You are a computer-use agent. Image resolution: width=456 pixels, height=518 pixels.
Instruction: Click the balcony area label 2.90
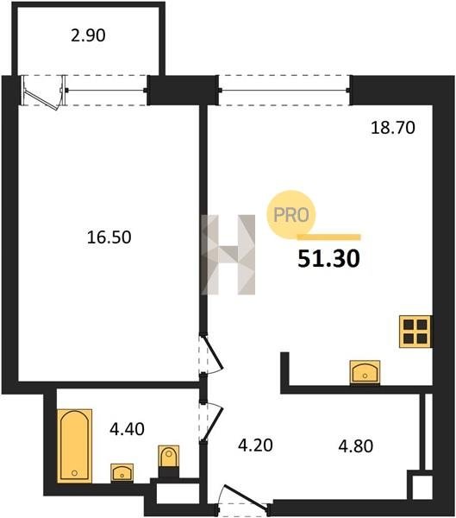88,35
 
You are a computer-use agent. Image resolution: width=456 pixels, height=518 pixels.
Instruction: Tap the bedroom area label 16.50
109,237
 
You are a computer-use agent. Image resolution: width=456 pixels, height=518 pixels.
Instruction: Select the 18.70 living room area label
393,128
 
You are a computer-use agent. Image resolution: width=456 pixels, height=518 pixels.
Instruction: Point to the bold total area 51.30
328,259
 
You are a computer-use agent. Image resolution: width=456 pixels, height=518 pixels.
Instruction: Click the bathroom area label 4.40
127,429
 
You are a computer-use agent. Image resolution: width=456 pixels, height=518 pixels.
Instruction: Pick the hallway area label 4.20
255,445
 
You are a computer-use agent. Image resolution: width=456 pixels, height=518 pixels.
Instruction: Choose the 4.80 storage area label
356,446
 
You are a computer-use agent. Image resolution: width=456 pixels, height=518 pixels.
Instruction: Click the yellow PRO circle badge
291,215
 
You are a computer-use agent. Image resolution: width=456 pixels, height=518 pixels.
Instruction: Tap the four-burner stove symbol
415,332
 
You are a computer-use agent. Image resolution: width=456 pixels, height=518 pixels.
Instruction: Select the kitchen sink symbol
365,372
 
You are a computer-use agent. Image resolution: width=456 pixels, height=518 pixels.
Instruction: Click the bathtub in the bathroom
75,445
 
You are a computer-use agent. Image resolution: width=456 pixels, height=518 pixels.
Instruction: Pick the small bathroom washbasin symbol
122,473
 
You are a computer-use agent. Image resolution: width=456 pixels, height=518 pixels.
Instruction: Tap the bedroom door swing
214,355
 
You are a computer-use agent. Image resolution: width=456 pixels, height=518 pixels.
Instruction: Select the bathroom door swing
214,421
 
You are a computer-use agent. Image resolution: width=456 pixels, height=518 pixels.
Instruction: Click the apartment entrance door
245,497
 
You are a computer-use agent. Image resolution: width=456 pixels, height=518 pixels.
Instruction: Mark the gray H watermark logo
228,255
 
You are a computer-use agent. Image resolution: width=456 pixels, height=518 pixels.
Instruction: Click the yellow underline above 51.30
329,237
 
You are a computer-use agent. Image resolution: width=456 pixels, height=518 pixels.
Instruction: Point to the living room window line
284,90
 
